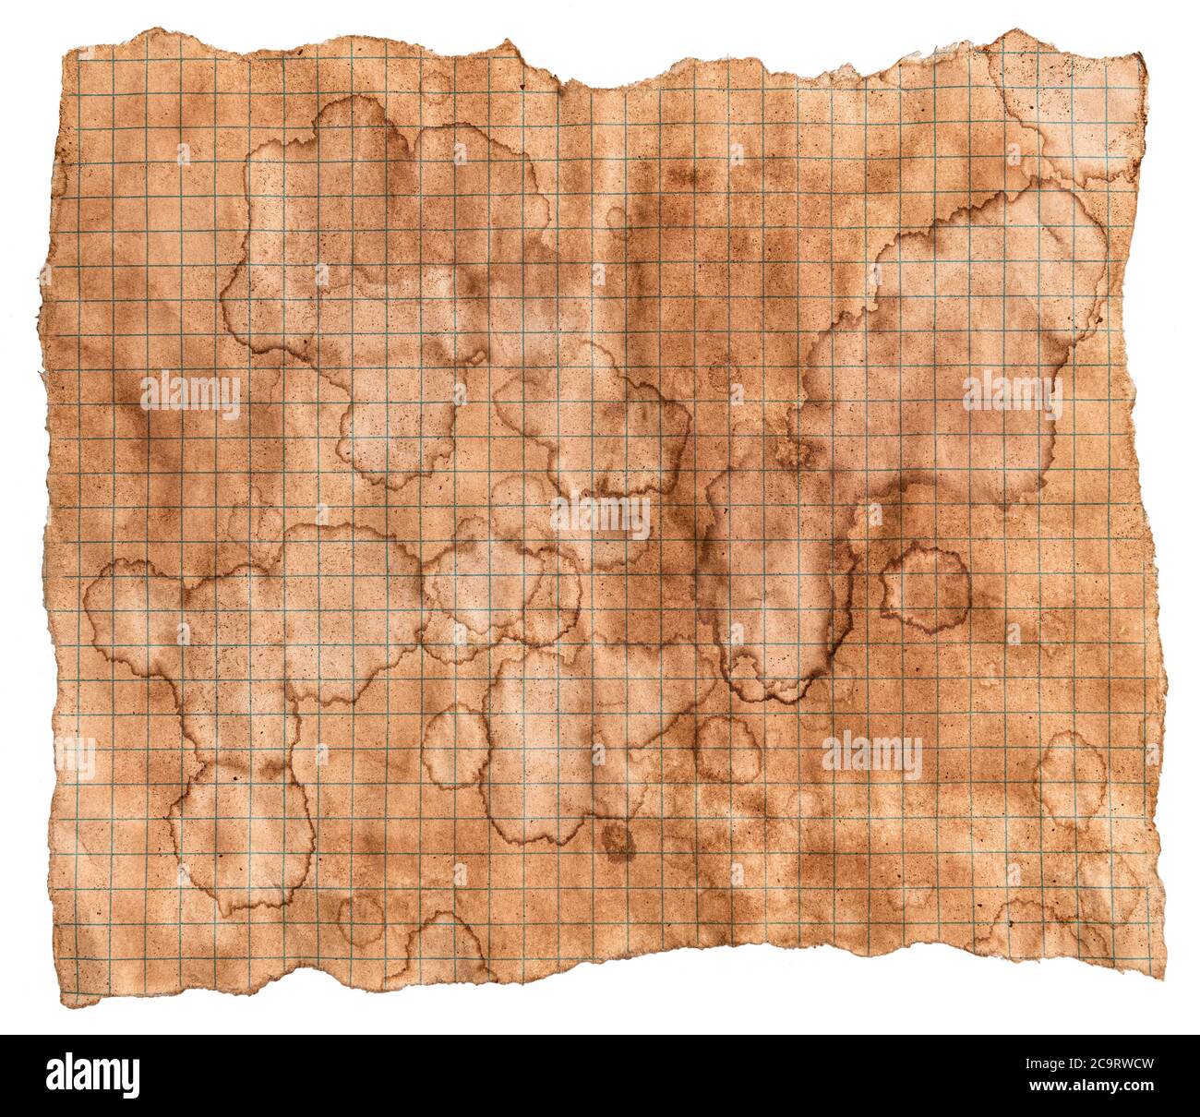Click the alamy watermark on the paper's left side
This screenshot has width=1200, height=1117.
[191, 394]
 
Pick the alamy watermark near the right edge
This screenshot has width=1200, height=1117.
[1012, 394]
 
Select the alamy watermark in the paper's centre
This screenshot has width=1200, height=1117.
[601, 520]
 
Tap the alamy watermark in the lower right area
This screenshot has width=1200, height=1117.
[871, 758]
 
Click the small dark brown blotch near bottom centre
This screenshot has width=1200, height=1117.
[616, 840]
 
